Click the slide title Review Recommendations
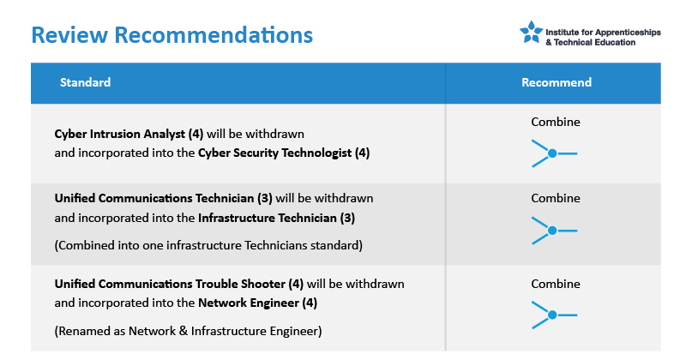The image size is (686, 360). [x=172, y=35]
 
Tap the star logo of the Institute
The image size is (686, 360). [x=531, y=32]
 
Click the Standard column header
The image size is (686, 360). [x=85, y=82]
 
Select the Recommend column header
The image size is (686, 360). [x=556, y=82]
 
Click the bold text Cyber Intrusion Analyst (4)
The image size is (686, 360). [x=129, y=134]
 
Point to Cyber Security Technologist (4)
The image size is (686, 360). [x=284, y=153]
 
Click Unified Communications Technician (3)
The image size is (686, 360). [x=163, y=198]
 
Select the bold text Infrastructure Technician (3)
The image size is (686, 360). [x=276, y=218]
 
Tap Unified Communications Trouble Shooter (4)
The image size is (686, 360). [x=179, y=284]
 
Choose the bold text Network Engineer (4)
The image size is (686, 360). [x=258, y=303]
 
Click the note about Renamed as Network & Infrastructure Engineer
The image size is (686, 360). [x=188, y=331]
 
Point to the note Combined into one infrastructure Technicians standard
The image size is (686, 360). [x=208, y=245]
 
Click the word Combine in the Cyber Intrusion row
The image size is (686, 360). [x=556, y=122]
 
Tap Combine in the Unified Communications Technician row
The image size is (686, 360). [x=556, y=198]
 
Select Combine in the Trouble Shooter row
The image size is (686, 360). [x=556, y=284]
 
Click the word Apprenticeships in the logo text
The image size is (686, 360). [x=628, y=33]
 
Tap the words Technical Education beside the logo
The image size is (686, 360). [x=594, y=43]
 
